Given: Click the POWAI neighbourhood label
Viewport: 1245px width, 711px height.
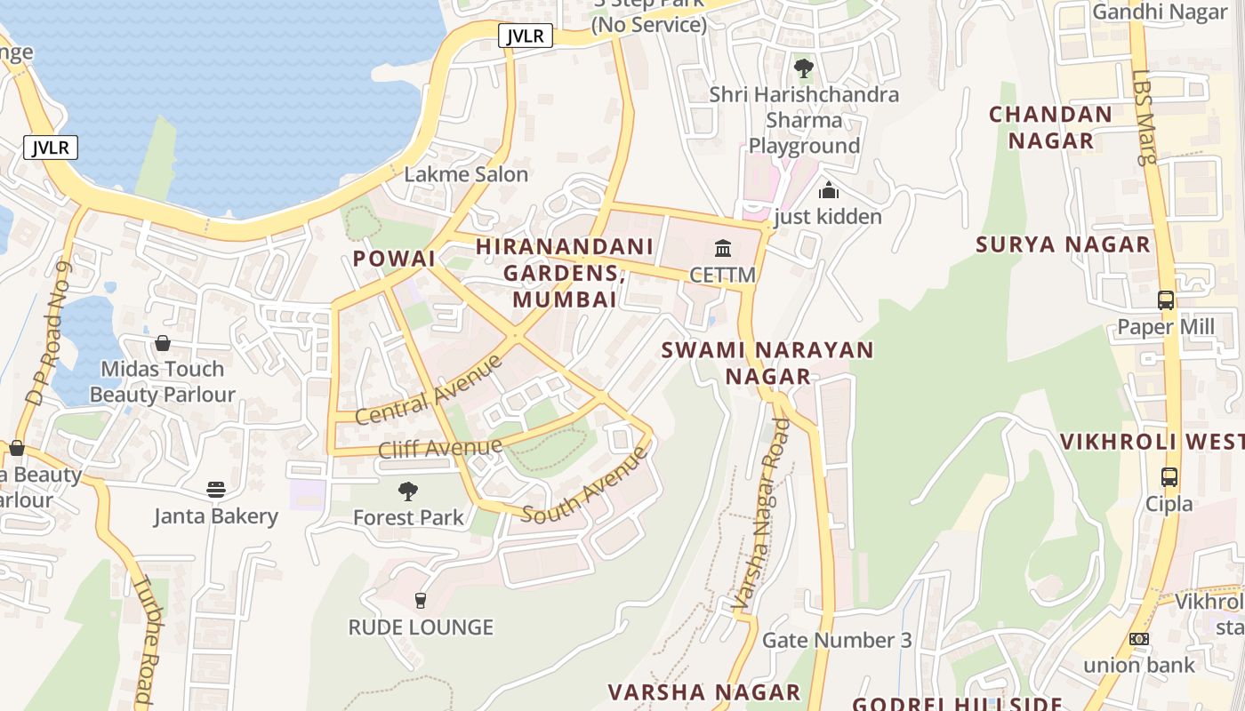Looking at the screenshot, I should [394, 259].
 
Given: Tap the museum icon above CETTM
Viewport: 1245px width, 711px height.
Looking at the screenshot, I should [723, 248].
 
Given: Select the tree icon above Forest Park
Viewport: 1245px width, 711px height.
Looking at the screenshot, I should [408, 491].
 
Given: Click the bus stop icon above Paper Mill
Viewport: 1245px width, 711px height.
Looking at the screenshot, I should [1166, 300].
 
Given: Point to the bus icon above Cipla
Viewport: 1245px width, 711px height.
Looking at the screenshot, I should [1169, 477].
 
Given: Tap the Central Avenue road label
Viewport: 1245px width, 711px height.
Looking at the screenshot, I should [429, 389].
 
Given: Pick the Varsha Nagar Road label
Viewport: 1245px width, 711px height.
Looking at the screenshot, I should [761, 515].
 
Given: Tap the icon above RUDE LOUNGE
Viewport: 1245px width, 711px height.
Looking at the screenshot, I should [421, 601].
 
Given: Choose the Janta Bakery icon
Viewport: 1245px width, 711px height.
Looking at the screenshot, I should [216, 490].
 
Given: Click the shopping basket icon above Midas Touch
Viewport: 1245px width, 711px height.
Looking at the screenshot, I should [163, 343].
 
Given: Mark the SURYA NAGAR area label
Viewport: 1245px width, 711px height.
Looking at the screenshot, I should [1063, 244].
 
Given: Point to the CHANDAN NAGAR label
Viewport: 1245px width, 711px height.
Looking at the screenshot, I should [1050, 127].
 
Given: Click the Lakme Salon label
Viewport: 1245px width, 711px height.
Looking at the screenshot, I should [466, 174].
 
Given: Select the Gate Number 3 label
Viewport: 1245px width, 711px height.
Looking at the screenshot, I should [837, 640].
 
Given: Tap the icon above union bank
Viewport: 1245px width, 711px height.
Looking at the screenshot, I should [1138, 639].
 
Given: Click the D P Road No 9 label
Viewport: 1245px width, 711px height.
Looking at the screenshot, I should [48, 334].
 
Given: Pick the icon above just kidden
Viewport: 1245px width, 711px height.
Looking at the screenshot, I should [829, 190].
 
